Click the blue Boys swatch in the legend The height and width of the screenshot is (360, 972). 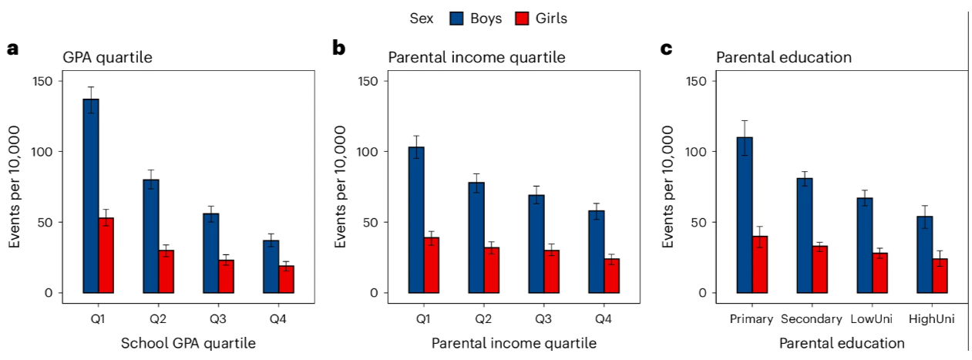pyautogui.click(x=467, y=18)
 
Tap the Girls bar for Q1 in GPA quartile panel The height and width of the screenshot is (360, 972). pyautogui.click(x=106, y=255)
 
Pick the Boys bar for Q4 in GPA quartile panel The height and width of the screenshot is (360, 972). pyautogui.click(x=271, y=267)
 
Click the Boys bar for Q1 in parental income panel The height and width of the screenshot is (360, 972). pyautogui.click(x=416, y=220)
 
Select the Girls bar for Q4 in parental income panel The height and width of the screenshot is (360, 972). pyautogui.click(x=611, y=276)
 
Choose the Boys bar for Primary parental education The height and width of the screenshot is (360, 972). pyautogui.click(x=745, y=215)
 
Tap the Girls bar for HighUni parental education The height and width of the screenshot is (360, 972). pyautogui.click(x=940, y=276)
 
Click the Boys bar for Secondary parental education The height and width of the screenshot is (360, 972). pyautogui.click(x=805, y=235)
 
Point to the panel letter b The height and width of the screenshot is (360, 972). pyautogui.click(x=338, y=49)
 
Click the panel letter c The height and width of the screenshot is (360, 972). pyautogui.click(x=667, y=49)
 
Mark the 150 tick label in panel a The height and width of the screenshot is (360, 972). pyautogui.click(x=43, y=82)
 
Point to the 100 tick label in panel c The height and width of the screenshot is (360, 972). pyautogui.click(x=695, y=152)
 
